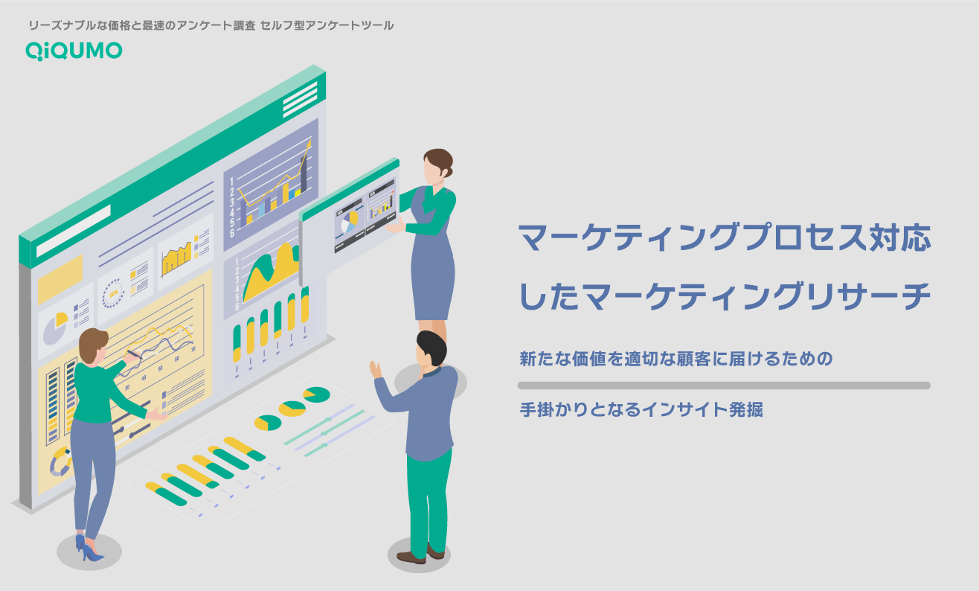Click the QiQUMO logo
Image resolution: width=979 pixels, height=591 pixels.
click(x=74, y=50)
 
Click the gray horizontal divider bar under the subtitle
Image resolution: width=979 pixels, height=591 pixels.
click(x=723, y=386)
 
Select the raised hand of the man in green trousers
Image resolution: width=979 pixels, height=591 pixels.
click(x=376, y=370)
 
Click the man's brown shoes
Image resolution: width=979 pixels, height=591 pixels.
click(x=420, y=555)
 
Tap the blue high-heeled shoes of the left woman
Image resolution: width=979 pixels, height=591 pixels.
click(x=87, y=549)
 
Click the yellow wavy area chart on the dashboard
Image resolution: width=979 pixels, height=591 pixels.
click(x=272, y=272)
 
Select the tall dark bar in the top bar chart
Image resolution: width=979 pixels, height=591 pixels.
click(x=304, y=173)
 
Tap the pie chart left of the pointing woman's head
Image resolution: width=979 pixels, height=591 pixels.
click(x=54, y=328)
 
